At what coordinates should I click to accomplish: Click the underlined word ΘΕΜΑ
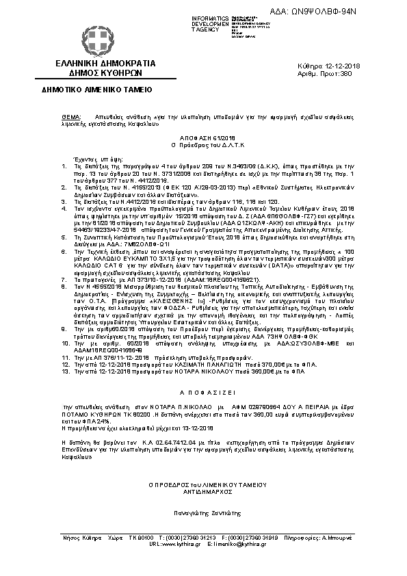point(70,117)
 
